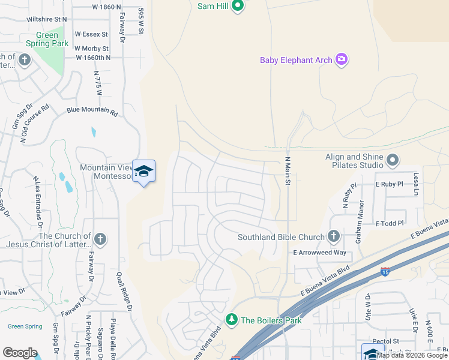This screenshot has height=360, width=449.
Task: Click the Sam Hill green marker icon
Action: click(x=238, y=7)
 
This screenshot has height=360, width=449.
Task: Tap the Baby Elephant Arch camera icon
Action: click(x=342, y=59)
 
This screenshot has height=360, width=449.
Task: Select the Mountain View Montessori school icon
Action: click(x=143, y=172)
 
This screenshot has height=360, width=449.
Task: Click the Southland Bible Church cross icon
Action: click(x=334, y=237)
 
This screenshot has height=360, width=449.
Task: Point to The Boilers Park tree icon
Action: click(x=231, y=319)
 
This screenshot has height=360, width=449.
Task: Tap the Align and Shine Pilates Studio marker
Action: click(x=393, y=160)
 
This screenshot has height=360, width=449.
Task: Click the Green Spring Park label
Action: click(x=46, y=40)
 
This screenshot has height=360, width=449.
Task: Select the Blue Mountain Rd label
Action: click(x=92, y=110)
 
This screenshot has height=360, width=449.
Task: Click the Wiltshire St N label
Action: click(x=47, y=19)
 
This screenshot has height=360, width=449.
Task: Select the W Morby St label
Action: click(x=91, y=49)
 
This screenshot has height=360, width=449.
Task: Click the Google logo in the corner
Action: click(x=20, y=353)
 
